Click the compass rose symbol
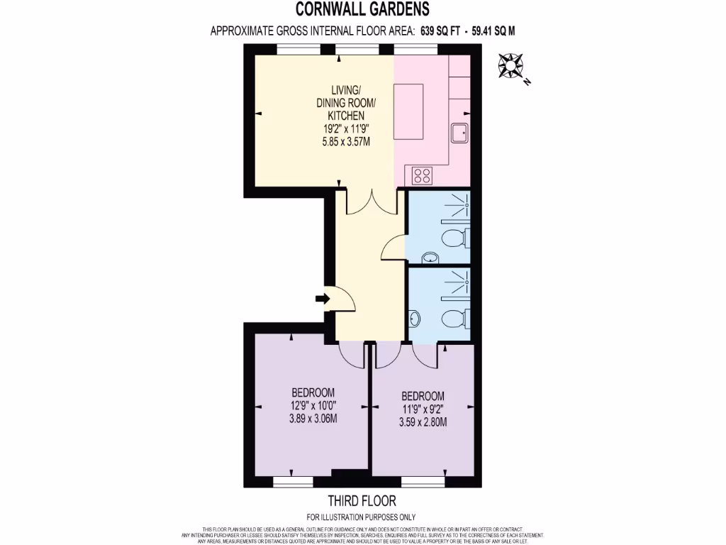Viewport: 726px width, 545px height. (x=510, y=66)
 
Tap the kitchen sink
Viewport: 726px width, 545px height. (x=459, y=132)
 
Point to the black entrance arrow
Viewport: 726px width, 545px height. (x=323, y=299)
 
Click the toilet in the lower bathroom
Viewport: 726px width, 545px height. (x=454, y=316)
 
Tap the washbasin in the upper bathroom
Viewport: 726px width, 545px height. (x=428, y=256)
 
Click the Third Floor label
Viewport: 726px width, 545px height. (x=362, y=501)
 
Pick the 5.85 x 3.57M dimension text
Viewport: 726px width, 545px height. (x=346, y=141)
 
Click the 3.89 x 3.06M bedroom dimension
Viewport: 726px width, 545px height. (x=313, y=419)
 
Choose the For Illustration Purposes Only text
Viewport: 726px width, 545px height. (x=362, y=517)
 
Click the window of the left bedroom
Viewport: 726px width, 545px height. (x=293, y=481)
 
